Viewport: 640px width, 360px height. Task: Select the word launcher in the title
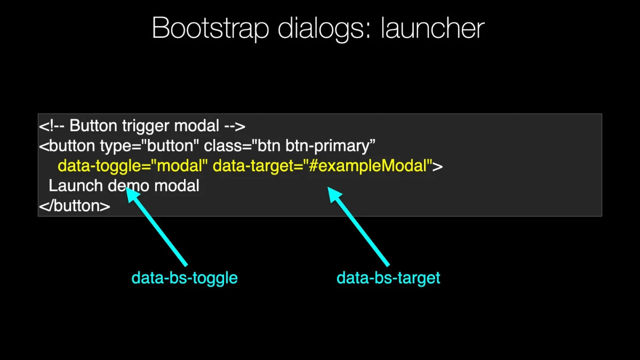point(433,28)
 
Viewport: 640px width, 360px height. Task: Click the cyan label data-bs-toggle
point(185,278)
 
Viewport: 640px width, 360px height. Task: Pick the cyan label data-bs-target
point(388,278)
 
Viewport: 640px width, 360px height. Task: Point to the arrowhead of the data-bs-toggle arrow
point(126,187)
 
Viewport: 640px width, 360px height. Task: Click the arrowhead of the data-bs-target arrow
point(327,187)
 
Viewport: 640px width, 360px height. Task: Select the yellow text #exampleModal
point(368,166)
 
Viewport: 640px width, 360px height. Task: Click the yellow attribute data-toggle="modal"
point(133,166)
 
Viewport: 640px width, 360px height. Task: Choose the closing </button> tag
point(75,206)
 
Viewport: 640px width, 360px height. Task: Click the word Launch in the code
point(76,186)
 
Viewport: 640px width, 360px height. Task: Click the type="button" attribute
point(149,146)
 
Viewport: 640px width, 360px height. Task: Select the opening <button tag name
point(67,146)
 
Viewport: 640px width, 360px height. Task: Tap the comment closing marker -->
point(235,126)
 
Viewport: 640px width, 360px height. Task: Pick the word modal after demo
point(177,186)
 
